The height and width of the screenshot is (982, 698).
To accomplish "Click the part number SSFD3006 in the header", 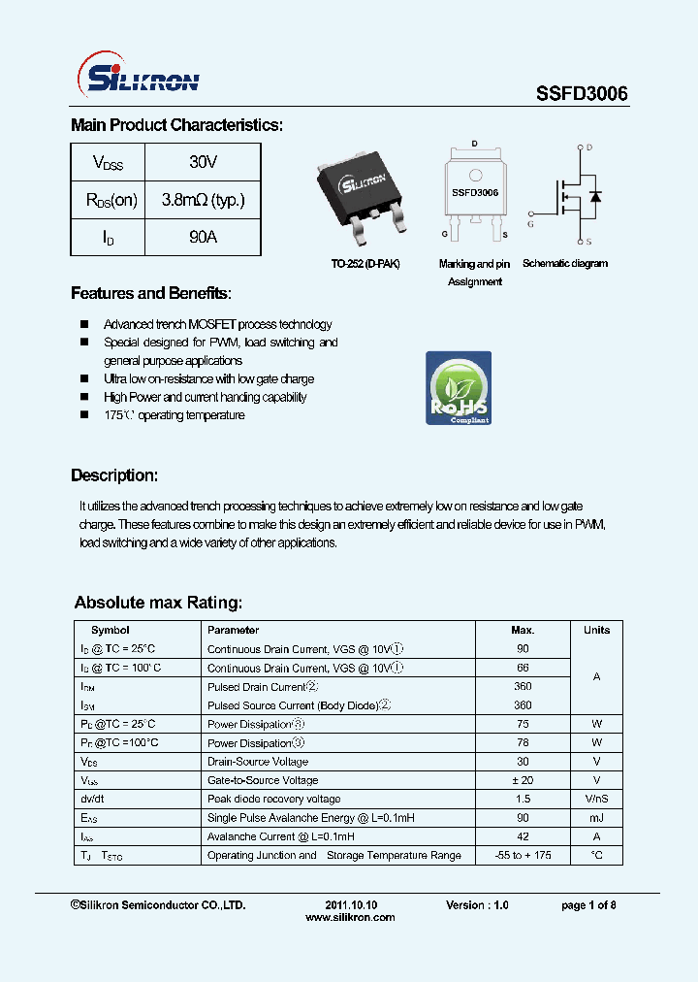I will tap(582, 93).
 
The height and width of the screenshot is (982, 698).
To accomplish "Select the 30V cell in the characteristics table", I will tap(203, 162).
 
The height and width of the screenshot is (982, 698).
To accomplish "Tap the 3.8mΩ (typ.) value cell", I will tap(203, 200).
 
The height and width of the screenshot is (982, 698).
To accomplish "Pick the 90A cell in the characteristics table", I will tap(203, 237).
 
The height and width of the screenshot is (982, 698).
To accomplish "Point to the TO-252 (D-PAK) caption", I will tap(365, 264).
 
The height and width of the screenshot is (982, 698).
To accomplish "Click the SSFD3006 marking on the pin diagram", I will tap(474, 193).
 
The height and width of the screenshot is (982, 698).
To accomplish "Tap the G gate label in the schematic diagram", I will tap(530, 224).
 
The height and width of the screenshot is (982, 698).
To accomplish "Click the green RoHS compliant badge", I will tap(459, 388).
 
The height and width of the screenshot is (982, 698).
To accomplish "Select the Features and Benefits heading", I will tap(151, 293).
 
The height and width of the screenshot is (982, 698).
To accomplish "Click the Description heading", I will tap(113, 475).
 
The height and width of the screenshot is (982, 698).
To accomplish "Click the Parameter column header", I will tap(233, 630).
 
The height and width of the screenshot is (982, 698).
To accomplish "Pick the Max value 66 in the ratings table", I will tap(523, 668).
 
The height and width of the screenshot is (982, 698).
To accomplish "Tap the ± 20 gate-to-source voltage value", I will tap(523, 780).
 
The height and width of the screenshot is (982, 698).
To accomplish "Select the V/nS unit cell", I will tap(596, 799).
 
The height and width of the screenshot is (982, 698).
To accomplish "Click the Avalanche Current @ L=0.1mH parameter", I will tap(281, 836).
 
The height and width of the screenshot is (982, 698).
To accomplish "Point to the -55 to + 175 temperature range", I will tap(523, 855).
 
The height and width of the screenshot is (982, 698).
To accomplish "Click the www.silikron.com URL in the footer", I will tap(349, 917).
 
